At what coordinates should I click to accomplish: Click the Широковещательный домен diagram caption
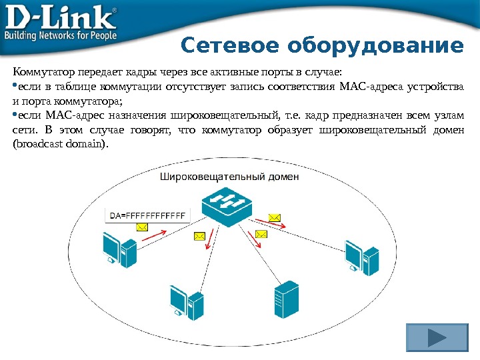pyautogui.click(x=229, y=177)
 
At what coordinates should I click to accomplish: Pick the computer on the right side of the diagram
pyautogui.click(x=360, y=255)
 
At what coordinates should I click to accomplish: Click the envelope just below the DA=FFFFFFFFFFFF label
pyautogui.click(x=141, y=227)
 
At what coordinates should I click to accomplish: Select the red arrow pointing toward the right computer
pyautogui.click(x=273, y=225)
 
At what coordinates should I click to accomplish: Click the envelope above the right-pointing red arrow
pyautogui.click(x=275, y=217)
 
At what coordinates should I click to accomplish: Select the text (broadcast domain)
pyautogui.click(x=59, y=143)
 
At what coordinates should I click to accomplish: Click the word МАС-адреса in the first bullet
pyautogui.click(x=367, y=87)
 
